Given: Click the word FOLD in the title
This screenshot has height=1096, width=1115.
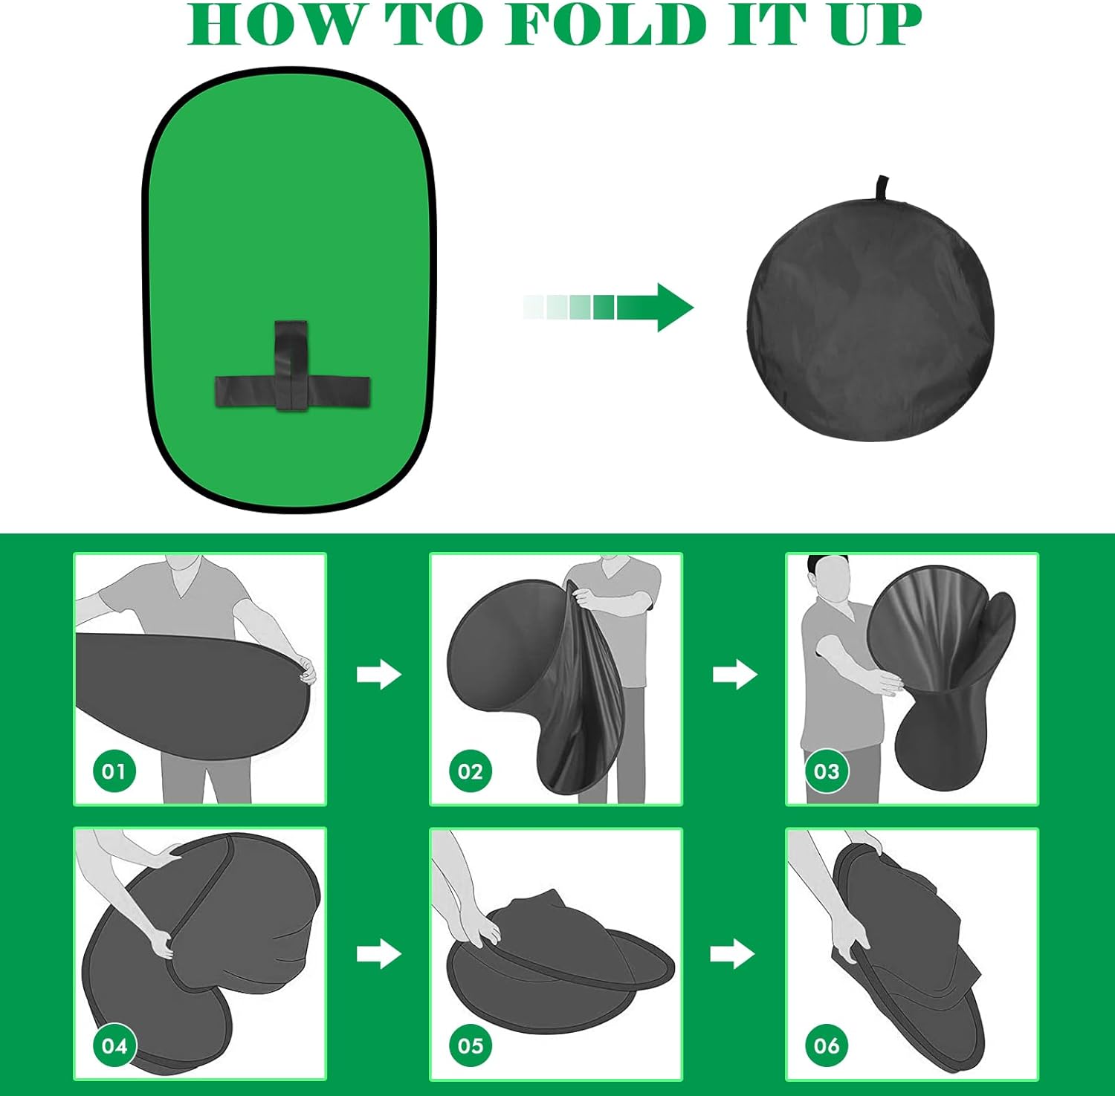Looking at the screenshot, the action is click(606, 25).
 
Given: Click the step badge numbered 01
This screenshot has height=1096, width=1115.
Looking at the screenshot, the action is click(114, 771).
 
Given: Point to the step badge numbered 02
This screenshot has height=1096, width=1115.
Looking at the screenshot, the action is click(471, 771).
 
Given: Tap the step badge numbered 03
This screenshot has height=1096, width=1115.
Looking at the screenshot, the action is click(827, 771).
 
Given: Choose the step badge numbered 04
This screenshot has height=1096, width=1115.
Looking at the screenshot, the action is click(114, 1045).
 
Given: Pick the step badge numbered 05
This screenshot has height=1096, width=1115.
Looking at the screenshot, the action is click(471, 1045).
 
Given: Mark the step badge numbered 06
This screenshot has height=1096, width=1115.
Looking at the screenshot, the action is click(827, 1045).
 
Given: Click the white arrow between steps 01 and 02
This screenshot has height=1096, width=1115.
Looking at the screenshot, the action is click(379, 674).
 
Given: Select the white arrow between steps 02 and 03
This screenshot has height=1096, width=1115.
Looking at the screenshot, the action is click(735, 674).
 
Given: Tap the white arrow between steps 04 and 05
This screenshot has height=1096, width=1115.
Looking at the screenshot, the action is click(379, 953).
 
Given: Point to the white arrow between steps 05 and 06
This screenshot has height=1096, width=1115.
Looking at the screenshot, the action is click(733, 953).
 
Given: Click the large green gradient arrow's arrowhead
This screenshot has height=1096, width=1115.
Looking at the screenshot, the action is click(673, 307).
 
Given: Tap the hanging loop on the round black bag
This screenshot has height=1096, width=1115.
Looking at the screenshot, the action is click(882, 188).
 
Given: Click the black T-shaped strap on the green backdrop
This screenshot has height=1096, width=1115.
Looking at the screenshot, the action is click(292, 366).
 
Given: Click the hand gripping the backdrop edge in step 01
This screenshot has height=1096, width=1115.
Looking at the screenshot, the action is click(306, 668).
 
